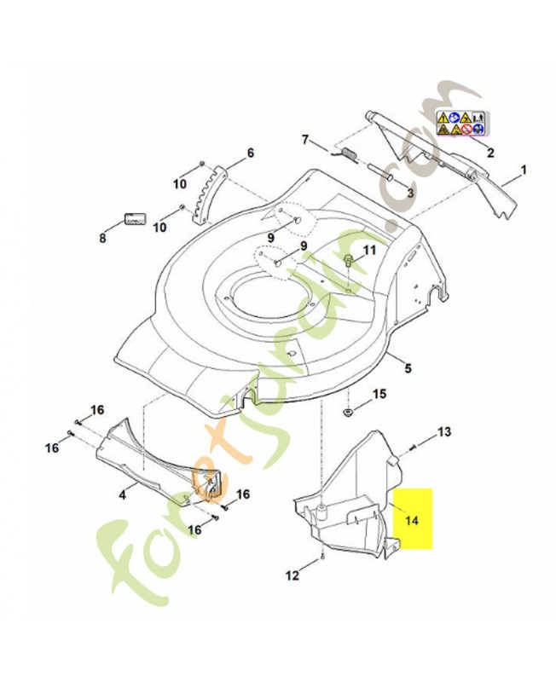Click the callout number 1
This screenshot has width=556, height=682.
[x=524, y=169]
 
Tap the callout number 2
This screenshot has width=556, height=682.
[x=490, y=153]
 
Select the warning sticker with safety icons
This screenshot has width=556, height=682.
[x=461, y=123]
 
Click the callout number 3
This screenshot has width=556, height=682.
[x=410, y=194]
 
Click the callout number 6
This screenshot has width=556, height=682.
[x=250, y=153]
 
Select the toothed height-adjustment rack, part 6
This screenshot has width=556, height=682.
[x=210, y=194]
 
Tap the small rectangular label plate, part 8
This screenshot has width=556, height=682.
[x=135, y=219]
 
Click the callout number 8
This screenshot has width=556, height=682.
[x=102, y=239]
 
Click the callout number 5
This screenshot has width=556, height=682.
[x=408, y=368]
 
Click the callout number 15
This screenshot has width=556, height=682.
[x=379, y=394]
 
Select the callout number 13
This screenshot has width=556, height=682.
[x=444, y=432]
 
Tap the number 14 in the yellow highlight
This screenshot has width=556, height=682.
[x=412, y=520]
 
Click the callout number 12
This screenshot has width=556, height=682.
[x=292, y=575]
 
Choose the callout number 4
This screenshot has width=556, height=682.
[x=123, y=494]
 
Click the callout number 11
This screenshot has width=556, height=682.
[x=369, y=250]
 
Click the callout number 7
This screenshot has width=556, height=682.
[x=305, y=140]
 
